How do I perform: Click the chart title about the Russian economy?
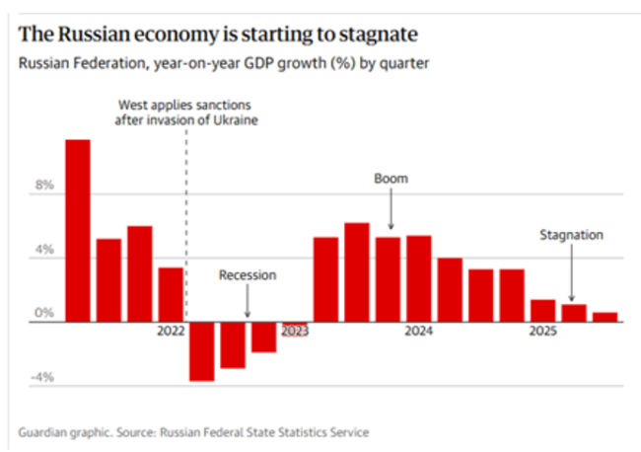tap(217, 35)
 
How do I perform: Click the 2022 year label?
tap(171, 332)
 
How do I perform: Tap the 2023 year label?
tap(295, 332)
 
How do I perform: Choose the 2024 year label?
tap(418, 332)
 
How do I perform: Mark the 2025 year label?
tap(541, 332)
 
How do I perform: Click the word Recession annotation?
tap(248, 276)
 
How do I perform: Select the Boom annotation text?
tap(391, 179)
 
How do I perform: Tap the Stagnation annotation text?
tap(571, 235)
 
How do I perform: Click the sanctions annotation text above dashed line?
tap(186, 113)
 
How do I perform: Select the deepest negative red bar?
tap(201, 351)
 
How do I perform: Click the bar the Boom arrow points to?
tap(388, 279)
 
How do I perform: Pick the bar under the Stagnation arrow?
tap(574, 313)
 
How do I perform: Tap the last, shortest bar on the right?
tap(605, 317)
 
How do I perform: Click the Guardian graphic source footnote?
tap(192, 431)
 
